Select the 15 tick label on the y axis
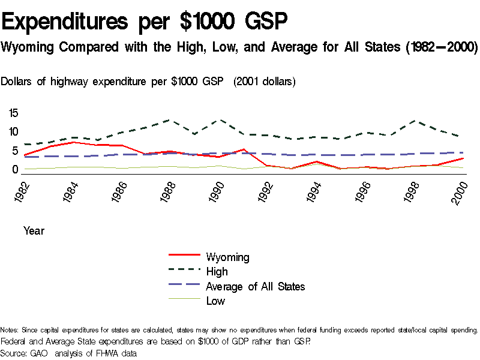[x=14, y=113]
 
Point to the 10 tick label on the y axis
[x=14, y=132]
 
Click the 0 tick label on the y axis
[x=16, y=170]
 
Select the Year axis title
[x=34, y=230]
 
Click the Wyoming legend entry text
[x=227, y=257]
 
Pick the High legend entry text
[x=217, y=272]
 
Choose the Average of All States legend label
[x=255, y=286]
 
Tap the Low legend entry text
[x=215, y=301]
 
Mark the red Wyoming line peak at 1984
[x=72, y=142]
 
